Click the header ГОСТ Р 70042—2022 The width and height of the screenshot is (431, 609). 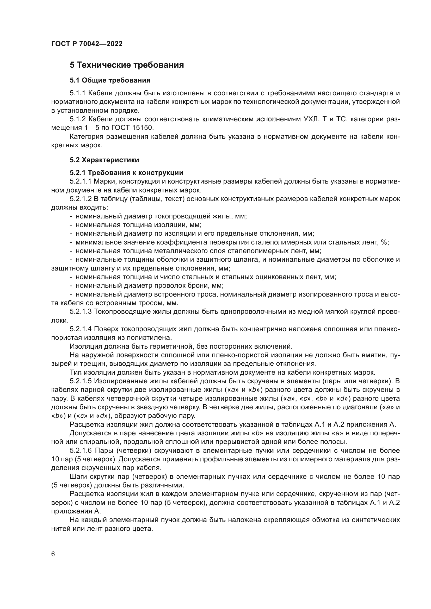pyautogui.click(x=87, y=44)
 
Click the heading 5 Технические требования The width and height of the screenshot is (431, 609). pyautogui.click(x=127, y=65)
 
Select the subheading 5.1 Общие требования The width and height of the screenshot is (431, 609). pyautogui.click(x=110, y=80)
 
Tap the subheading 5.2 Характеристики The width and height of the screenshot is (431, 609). pyautogui.click(x=104, y=160)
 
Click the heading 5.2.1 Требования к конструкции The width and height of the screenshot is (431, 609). pyautogui.click(x=126, y=173)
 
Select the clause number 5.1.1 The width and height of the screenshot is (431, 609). pyautogui.click(x=77, y=93)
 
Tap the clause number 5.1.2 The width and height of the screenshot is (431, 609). pyautogui.click(x=77, y=119)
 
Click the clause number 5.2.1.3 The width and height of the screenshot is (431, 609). pyautogui.click(x=81, y=311)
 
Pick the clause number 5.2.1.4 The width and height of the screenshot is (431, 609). pyautogui.click(x=81, y=329)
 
